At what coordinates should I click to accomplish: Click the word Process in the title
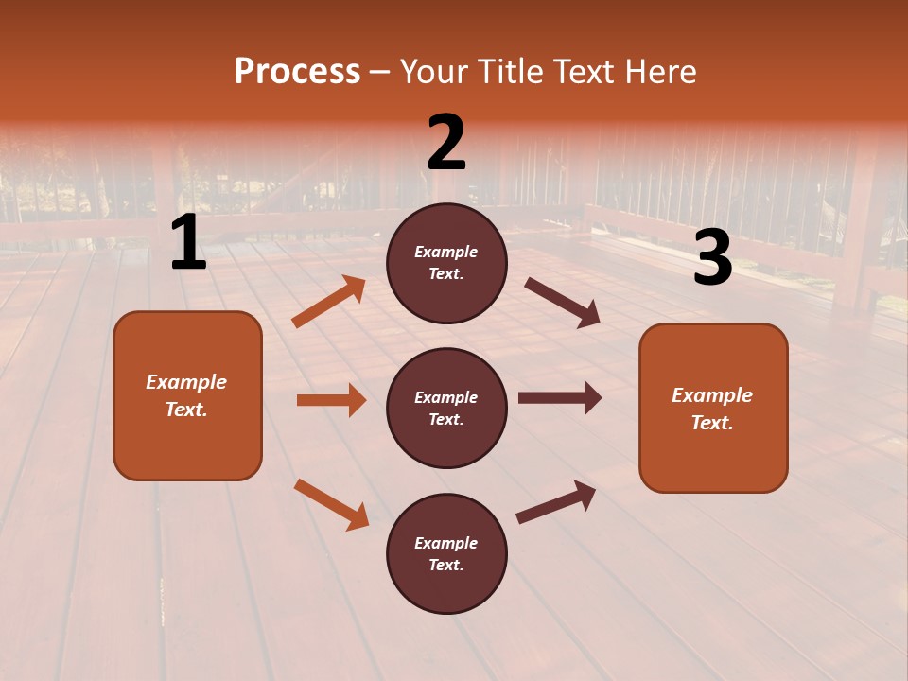click(x=297, y=72)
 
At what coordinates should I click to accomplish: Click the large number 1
click(x=188, y=243)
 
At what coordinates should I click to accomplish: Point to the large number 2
click(x=446, y=143)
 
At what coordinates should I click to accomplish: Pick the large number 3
click(x=712, y=258)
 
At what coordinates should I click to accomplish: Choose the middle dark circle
click(x=446, y=408)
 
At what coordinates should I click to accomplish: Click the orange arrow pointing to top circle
click(x=329, y=302)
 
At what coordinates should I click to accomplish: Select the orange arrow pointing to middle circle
click(x=331, y=400)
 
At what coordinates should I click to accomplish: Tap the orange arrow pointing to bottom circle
click(x=332, y=504)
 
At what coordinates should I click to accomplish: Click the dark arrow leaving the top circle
click(x=562, y=302)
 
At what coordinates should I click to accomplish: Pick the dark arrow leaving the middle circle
click(x=560, y=398)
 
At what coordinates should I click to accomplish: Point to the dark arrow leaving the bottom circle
click(x=556, y=500)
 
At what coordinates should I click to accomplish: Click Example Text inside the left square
click(x=186, y=395)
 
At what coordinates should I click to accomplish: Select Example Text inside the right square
click(x=712, y=409)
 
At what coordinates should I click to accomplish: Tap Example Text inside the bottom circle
click(x=446, y=554)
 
